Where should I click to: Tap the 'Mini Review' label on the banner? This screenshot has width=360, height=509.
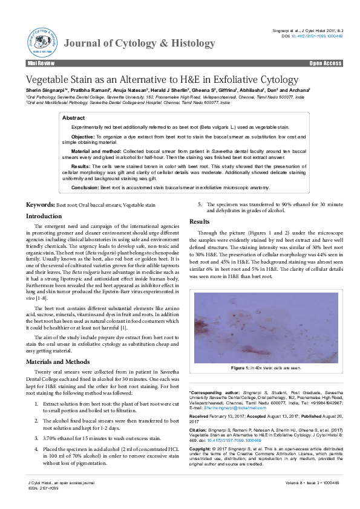click(x=41, y=63)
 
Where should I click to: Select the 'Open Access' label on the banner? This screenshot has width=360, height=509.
click(x=326, y=63)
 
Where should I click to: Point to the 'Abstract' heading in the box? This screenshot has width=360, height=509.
click(x=74, y=118)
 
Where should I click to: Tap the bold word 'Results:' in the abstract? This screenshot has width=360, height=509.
click(x=82, y=165)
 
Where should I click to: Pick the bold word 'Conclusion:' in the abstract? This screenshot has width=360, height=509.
click(x=85, y=188)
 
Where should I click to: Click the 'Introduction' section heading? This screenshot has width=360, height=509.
click(x=44, y=216)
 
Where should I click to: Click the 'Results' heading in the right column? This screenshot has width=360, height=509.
click(x=200, y=222)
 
